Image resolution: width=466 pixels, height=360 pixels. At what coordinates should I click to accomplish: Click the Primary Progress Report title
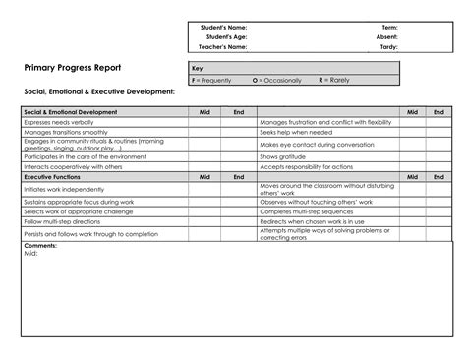pyautogui.click(x=74, y=68)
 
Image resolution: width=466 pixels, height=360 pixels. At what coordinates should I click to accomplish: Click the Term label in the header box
pyautogui.click(x=389, y=27)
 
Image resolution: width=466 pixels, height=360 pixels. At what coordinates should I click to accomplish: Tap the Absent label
pyautogui.click(x=386, y=36)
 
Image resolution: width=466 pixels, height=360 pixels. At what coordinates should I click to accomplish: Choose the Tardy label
pyautogui.click(x=388, y=46)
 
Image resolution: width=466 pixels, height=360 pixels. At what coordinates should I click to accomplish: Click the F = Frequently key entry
pyautogui.click(x=212, y=79)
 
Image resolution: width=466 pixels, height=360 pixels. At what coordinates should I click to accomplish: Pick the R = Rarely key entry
pyautogui.click(x=334, y=79)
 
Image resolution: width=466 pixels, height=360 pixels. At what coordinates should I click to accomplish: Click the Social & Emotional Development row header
pyautogui.click(x=70, y=112)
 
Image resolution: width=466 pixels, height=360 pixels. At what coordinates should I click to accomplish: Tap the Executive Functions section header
pyautogui.click(x=51, y=177)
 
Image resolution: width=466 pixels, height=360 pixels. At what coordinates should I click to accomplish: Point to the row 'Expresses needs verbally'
pyautogui.click(x=58, y=122)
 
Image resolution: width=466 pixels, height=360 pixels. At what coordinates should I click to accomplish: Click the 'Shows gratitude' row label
pyautogui.click(x=282, y=156)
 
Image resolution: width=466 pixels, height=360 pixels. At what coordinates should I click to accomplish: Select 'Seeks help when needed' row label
pyautogui.click(x=296, y=131)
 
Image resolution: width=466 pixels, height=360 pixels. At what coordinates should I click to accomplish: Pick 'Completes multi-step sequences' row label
pyautogui.click(x=306, y=210)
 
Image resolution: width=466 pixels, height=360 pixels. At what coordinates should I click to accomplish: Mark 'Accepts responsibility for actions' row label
pyautogui.click(x=308, y=167)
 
